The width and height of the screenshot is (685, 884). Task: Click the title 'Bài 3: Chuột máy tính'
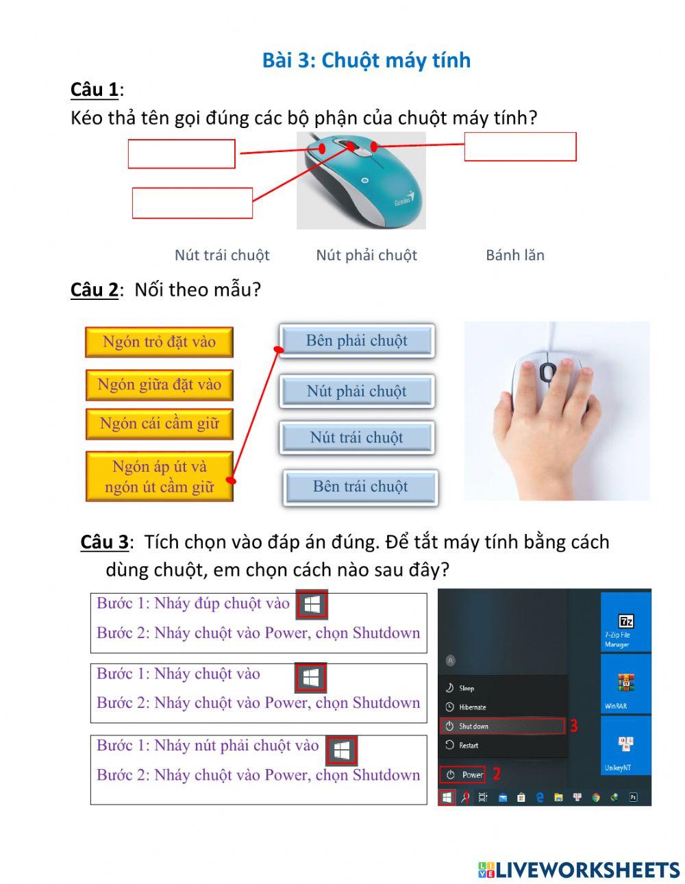point(366,60)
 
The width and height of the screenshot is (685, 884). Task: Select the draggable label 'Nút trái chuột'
point(222,255)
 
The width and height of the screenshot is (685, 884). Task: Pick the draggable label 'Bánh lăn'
point(515,255)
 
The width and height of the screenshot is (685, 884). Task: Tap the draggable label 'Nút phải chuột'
point(366,255)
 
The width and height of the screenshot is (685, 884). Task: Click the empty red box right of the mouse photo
point(520,147)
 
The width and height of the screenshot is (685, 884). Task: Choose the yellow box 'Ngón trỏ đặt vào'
point(159,342)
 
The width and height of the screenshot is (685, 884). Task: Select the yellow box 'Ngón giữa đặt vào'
point(159,384)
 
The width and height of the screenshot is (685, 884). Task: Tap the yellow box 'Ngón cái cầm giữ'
point(159,424)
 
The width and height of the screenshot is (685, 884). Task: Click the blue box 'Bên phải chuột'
point(356,341)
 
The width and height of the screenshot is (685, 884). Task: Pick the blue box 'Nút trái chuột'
point(356,438)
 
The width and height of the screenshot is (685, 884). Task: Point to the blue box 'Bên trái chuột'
point(360,487)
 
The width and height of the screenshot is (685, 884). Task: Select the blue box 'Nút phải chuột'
point(356,391)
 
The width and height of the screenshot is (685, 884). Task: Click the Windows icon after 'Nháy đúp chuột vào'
point(312,605)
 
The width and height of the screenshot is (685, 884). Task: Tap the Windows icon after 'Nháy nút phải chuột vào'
point(341,750)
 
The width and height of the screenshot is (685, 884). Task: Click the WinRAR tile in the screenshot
point(625,685)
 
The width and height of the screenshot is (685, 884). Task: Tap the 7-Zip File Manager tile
point(625,622)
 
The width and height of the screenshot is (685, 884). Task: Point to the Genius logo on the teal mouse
point(404,201)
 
